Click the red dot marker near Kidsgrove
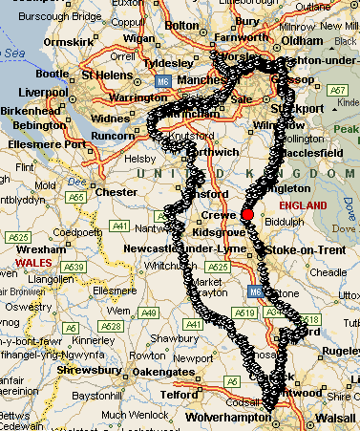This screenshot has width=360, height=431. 247,215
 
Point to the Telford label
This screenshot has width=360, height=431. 177,392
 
